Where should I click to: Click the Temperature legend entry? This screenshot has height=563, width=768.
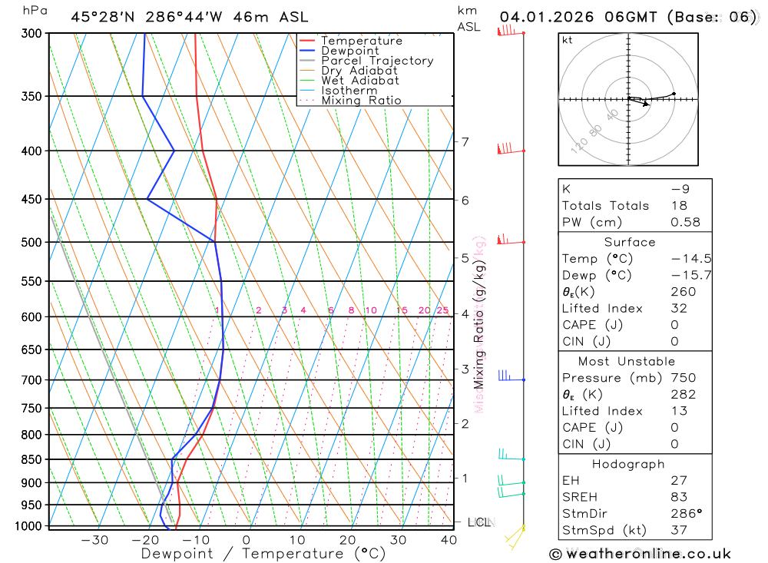(361, 41)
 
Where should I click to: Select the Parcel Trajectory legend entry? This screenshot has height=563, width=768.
(377, 61)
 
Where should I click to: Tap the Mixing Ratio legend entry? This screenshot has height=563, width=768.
(361, 101)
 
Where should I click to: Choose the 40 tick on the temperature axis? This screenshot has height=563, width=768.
(449, 540)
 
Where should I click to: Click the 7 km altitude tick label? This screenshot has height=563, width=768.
(465, 142)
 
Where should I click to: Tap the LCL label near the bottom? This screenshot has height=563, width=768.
(478, 523)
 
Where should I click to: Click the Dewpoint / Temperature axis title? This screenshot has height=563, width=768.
(263, 553)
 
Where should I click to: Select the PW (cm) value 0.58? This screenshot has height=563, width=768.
(685, 222)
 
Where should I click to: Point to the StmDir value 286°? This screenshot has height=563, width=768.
(684, 514)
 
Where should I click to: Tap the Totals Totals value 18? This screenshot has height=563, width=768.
(678, 205)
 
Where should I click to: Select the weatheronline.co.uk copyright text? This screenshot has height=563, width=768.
(640, 554)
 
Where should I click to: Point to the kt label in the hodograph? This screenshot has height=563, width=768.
(568, 40)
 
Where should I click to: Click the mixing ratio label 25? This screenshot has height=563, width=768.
(442, 310)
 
